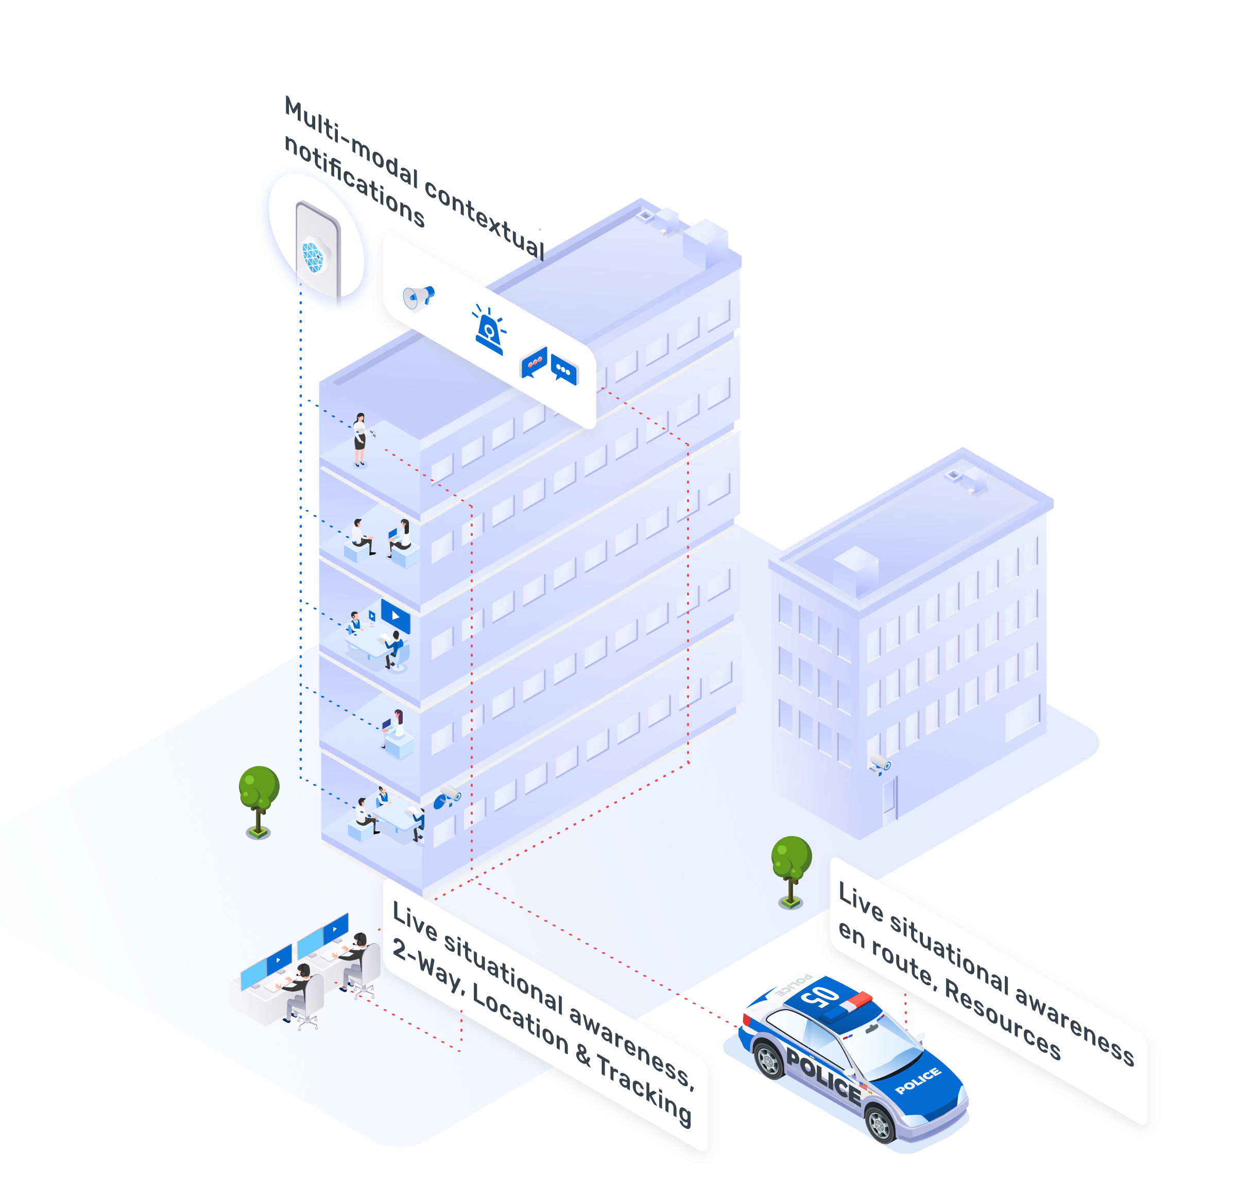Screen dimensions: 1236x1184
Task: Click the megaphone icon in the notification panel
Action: click(x=418, y=298)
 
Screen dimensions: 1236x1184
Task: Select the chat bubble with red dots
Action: click(x=534, y=362)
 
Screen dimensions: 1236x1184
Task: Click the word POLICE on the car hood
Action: click(x=918, y=1081)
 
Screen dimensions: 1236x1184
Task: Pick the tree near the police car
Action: click(x=791, y=872)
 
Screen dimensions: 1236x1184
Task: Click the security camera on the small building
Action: click(x=880, y=763)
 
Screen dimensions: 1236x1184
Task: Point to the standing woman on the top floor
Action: click(x=359, y=440)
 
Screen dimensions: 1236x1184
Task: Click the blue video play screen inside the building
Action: click(x=396, y=616)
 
